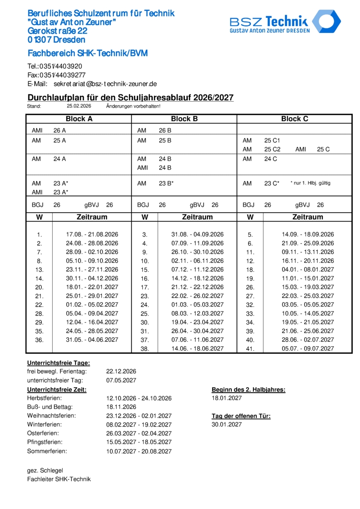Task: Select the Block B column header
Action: pyautogui.click(x=184, y=119)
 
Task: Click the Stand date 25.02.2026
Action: pyautogui.click(x=79, y=106)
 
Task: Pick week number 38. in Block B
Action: pyautogui.click(x=144, y=348)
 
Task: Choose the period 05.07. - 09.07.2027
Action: pyautogui.click(x=308, y=348)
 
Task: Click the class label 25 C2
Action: pyautogui.click(x=272, y=149)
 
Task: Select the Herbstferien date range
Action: pyautogui.click(x=139, y=398)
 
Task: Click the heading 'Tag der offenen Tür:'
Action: pyautogui.click(x=241, y=416)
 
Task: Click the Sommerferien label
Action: pyautogui.click(x=47, y=451)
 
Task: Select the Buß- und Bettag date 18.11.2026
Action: pyautogui.click(x=121, y=407)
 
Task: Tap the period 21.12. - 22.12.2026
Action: pyautogui.click(x=197, y=287)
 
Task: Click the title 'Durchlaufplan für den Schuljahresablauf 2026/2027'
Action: pyautogui.click(x=130, y=98)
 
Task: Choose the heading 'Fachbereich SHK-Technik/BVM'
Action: pyautogui.click(x=88, y=54)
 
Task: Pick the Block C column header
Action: pyautogui.click(x=294, y=119)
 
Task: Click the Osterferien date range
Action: pyautogui.click(x=139, y=433)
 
